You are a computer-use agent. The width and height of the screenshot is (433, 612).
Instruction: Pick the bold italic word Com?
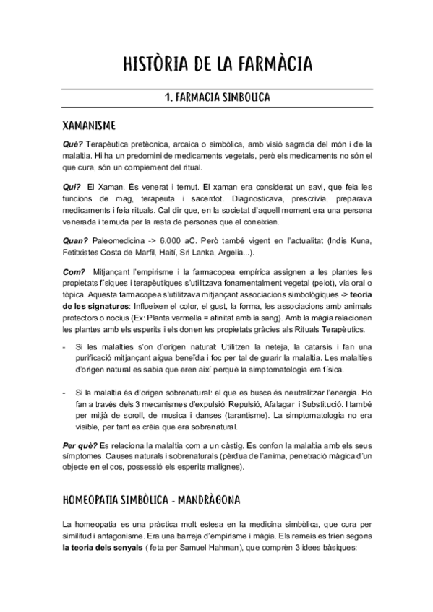pyautogui.click(x=72, y=271)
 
